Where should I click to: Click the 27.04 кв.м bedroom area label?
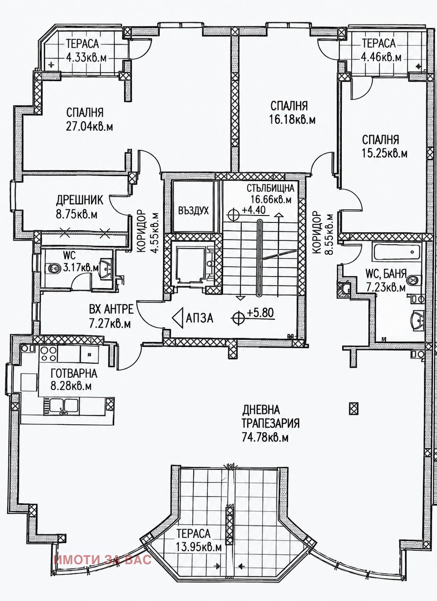click(89, 126)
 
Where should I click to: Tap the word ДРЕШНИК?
click(80, 200)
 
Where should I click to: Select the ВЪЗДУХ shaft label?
click(193, 211)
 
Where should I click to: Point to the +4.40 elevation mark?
click(253, 210)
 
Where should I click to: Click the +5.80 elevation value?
click(261, 313)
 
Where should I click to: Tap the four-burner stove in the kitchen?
click(49, 354)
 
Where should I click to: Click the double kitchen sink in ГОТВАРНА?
click(60, 408)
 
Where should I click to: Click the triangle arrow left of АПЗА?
click(178, 318)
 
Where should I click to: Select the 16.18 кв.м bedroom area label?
click(292, 119)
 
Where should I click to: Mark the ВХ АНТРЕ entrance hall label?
click(111, 309)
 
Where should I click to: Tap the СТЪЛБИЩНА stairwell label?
click(270, 188)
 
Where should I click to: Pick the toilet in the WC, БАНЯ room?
click(413, 280)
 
